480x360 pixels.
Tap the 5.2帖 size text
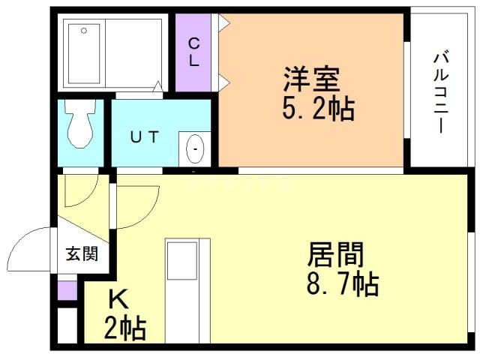pyautogui.click(x=317, y=109)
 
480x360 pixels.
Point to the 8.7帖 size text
pyautogui.click(x=341, y=284)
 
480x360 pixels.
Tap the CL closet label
pyautogui.click(x=193, y=52)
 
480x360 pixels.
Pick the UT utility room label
pyautogui.click(x=145, y=136)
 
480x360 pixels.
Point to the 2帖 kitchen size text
pyautogui.click(x=124, y=328)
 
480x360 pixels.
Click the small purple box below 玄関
pyautogui.click(x=67, y=289)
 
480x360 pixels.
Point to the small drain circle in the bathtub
pyautogui.click(x=83, y=31)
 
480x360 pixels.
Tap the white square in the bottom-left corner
pyautogui.click(x=67, y=325)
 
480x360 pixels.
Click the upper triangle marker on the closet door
pyautogui.click(x=223, y=23)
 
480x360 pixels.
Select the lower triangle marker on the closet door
pyautogui.click(x=223, y=81)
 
